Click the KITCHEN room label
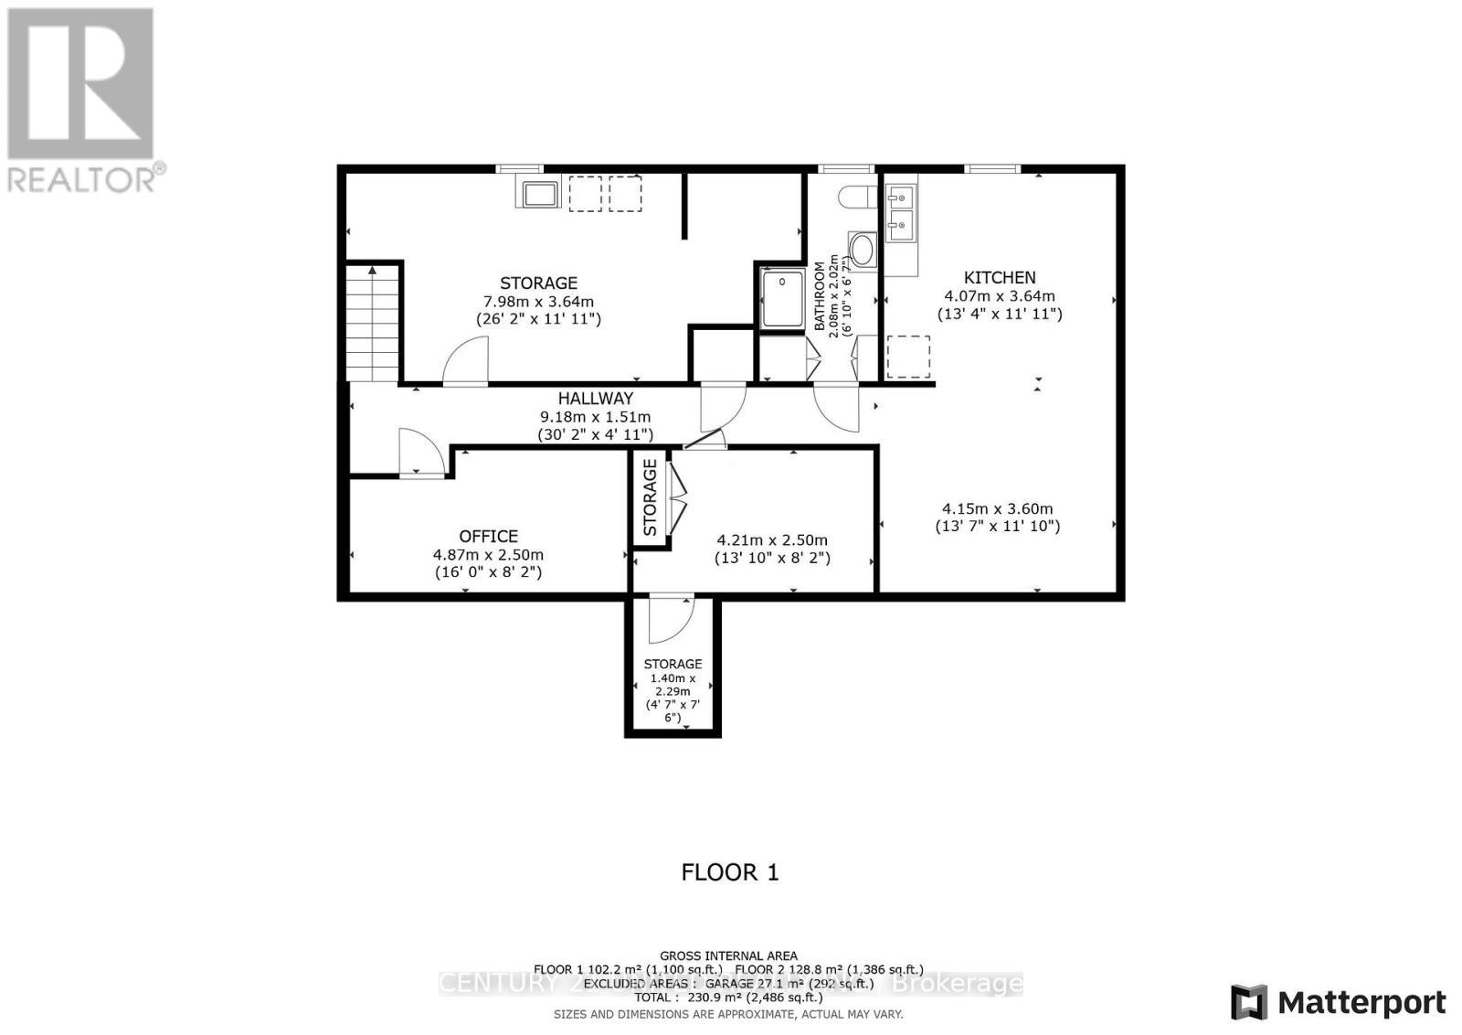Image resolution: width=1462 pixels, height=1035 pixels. [x=1000, y=277]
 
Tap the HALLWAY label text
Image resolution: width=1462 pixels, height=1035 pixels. [x=596, y=399]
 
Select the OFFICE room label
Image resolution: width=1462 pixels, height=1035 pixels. [x=488, y=537]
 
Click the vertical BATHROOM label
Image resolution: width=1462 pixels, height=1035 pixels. [x=820, y=296]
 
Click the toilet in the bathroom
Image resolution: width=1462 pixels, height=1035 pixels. [x=852, y=196]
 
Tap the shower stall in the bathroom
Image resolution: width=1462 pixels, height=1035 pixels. [x=782, y=298]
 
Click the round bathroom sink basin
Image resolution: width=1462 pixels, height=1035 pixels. [x=862, y=248]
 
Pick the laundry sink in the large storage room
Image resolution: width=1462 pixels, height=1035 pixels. [x=541, y=194]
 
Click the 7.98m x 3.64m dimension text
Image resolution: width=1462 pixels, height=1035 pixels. [x=538, y=302]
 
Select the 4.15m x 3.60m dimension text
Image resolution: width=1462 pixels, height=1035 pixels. [x=997, y=509]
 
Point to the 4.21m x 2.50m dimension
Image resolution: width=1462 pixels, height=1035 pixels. [x=772, y=540]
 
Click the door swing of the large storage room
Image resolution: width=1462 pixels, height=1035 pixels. [x=467, y=363]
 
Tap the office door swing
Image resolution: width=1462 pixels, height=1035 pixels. [x=421, y=452]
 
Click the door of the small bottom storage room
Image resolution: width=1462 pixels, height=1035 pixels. [x=671, y=619]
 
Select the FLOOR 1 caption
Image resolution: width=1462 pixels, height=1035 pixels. [x=730, y=872]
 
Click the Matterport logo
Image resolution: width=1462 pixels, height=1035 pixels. [x=1338, y=1003]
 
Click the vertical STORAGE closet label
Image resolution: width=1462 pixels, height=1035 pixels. [x=650, y=498]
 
